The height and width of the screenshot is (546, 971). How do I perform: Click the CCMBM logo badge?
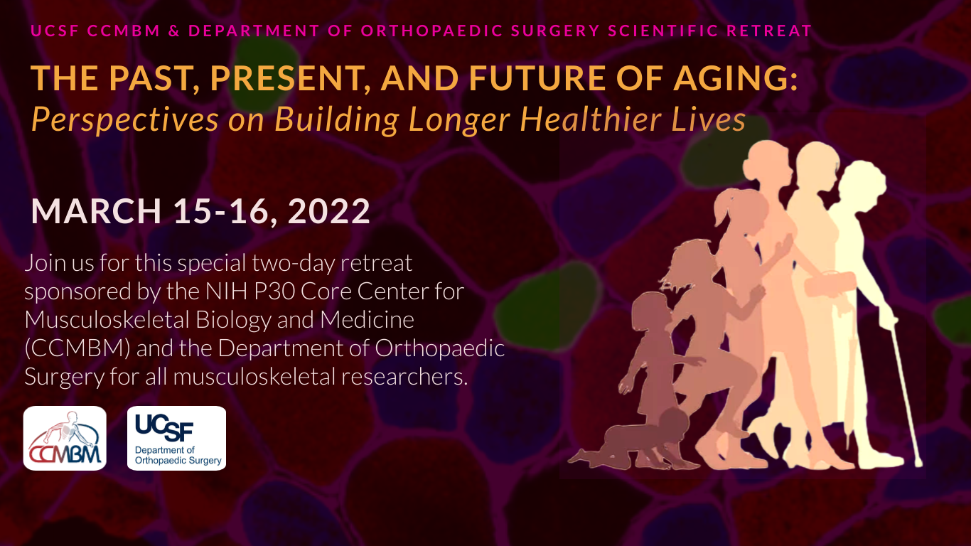tap(65, 438)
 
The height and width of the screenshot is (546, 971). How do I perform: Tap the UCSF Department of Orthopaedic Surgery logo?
tap(176, 438)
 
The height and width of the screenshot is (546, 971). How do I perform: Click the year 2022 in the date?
tap(329, 211)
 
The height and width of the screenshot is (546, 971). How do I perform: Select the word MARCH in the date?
tap(96, 211)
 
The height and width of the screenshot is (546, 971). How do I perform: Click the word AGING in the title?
tap(735, 78)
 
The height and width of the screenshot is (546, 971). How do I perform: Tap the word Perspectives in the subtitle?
tap(125, 120)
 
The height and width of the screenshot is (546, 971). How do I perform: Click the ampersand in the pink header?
tap(174, 31)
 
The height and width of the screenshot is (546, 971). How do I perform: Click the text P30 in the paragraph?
tap(274, 291)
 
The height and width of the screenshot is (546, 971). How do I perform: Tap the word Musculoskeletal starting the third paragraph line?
tap(107, 320)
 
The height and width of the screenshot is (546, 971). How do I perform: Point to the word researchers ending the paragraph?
tap(404, 377)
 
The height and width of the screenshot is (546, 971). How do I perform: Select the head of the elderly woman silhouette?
tap(860, 182)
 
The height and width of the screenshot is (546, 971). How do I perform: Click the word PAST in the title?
tap(153, 78)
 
